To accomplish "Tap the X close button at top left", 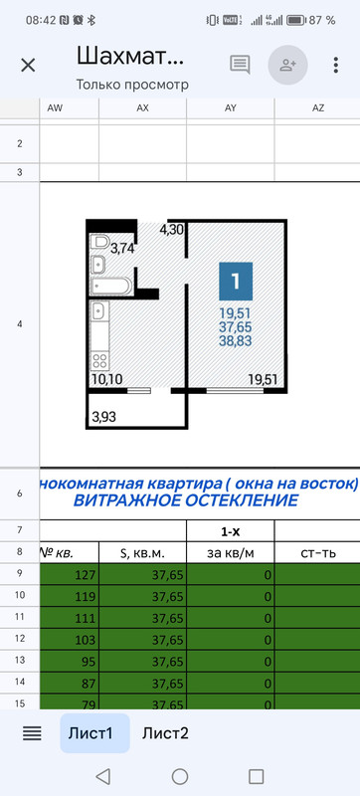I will pos(28,65).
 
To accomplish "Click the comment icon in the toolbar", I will pos(240,65).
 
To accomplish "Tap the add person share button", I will pos(288,65).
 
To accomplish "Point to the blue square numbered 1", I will pos(236,282).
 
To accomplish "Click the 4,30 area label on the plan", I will pos(172,229).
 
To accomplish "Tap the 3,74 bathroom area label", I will pos(123,249).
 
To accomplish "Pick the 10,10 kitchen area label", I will pos(105,378).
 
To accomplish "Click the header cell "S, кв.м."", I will pos(142,550).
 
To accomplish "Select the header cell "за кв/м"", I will pos(230,550).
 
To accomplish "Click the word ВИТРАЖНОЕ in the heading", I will pos(123,500).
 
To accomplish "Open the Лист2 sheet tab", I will pos(165,733).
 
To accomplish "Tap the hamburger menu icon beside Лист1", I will pos(32,733).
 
